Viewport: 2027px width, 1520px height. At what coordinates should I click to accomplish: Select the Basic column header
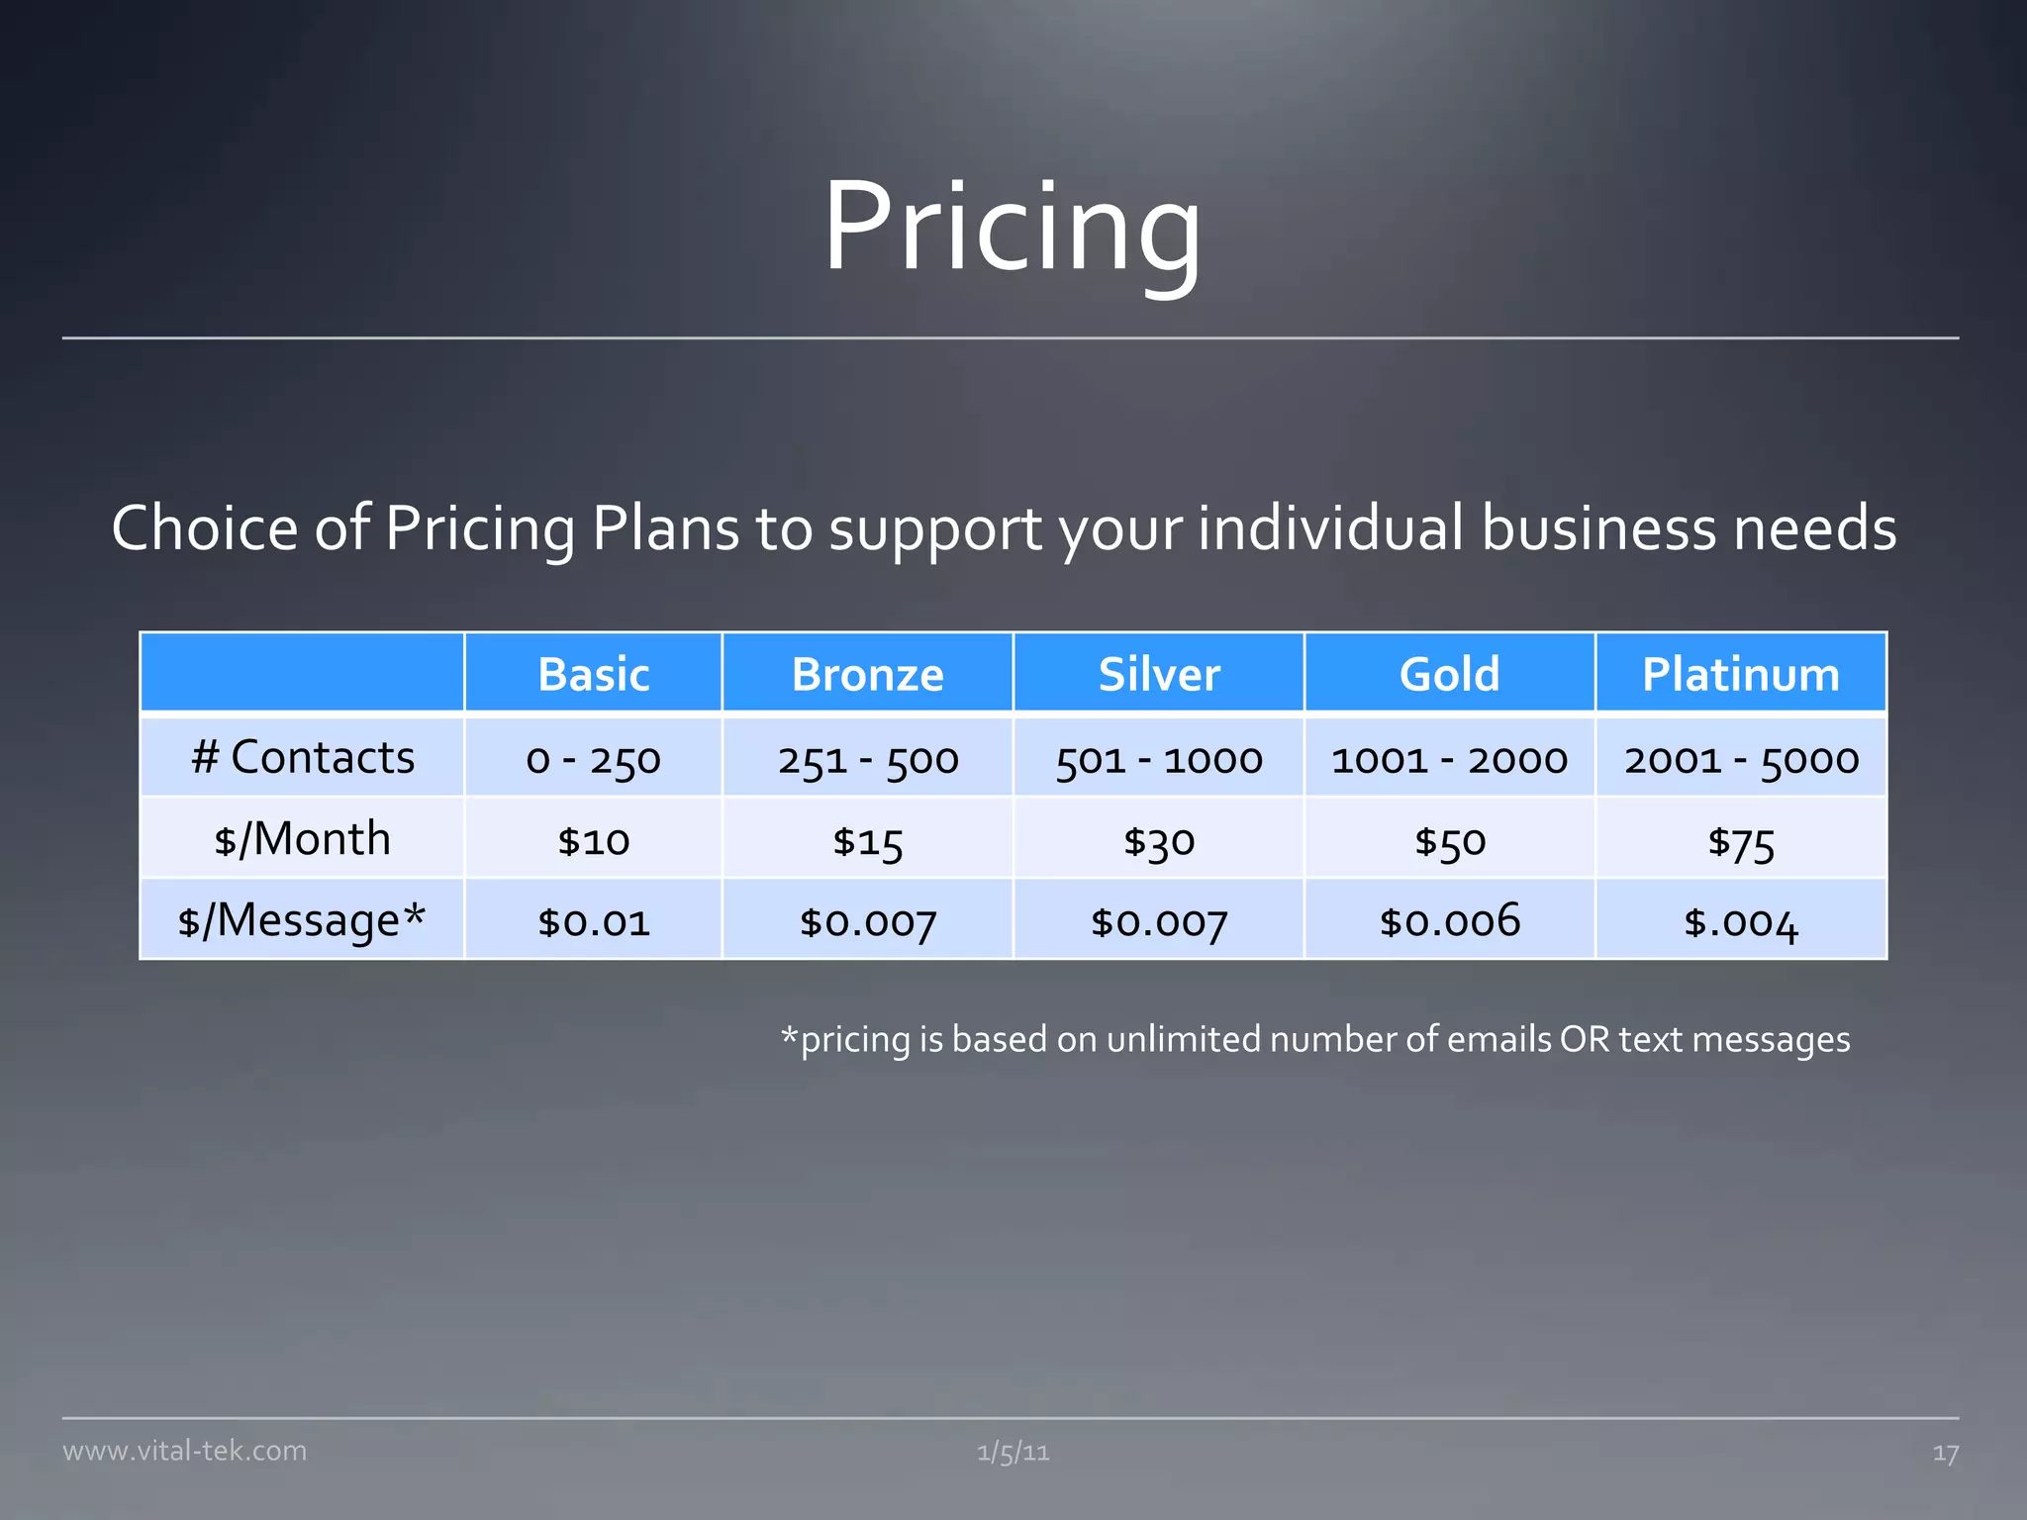pyautogui.click(x=593, y=674)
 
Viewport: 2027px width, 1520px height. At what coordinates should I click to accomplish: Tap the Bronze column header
pyautogui.click(x=867, y=674)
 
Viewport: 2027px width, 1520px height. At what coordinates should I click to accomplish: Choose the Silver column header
pyautogui.click(x=1158, y=674)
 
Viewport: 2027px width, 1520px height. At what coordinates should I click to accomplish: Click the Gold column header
pyautogui.click(x=1449, y=674)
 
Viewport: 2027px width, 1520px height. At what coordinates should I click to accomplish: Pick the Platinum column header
pyautogui.click(x=1740, y=674)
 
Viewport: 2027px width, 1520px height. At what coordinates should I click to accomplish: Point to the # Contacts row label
pyautogui.click(x=302, y=757)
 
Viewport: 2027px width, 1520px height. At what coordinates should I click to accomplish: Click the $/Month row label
pyautogui.click(x=302, y=838)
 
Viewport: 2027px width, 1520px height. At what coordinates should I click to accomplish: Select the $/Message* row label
pyautogui.click(x=302, y=919)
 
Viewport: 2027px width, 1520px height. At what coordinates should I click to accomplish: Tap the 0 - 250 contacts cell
pyautogui.click(x=593, y=759)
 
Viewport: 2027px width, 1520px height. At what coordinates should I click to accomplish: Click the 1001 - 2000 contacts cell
pyautogui.click(x=1449, y=759)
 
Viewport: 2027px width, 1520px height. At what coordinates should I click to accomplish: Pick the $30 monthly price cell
pyautogui.click(x=1158, y=841)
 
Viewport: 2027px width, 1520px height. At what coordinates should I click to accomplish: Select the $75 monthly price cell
pyautogui.click(x=1740, y=841)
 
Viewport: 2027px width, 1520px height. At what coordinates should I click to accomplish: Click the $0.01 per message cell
pyautogui.click(x=593, y=922)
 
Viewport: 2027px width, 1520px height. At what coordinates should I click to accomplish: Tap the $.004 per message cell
pyautogui.click(x=1740, y=922)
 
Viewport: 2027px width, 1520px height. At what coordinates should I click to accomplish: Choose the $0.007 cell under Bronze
pyautogui.click(x=867, y=922)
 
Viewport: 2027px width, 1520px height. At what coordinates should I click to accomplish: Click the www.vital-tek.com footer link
pyautogui.click(x=184, y=1451)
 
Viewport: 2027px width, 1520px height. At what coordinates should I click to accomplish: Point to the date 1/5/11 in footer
pyautogui.click(x=1013, y=1452)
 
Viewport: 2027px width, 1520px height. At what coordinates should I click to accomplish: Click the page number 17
pyautogui.click(x=1945, y=1453)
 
